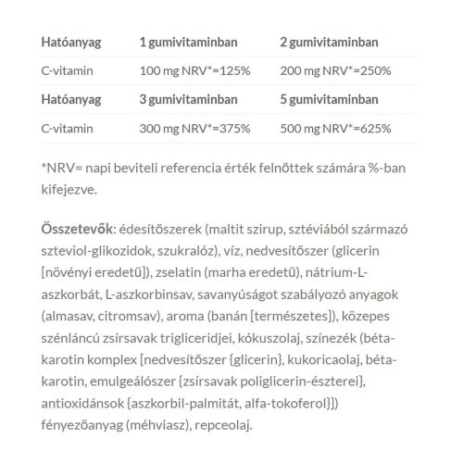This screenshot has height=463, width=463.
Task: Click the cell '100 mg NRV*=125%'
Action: pos(195,70)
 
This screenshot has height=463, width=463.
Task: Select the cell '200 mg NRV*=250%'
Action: pos(337,70)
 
